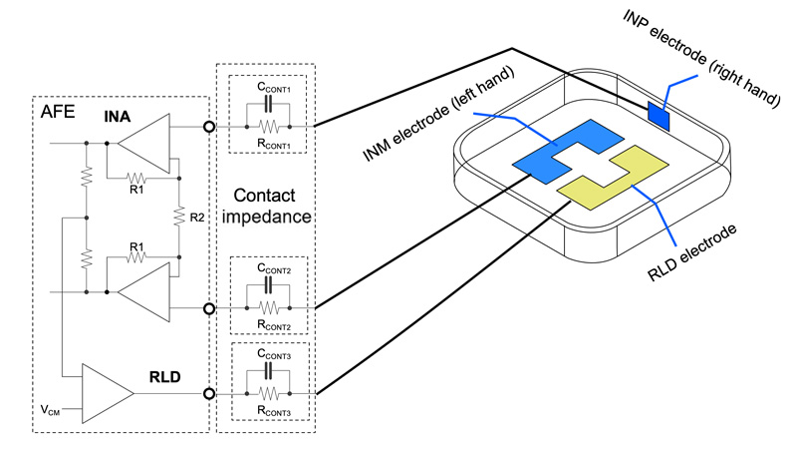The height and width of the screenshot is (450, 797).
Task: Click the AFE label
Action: click(x=56, y=112)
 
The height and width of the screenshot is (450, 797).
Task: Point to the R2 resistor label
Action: click(x=197, y=214)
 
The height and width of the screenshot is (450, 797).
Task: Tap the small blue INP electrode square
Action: click(x=660, y=114)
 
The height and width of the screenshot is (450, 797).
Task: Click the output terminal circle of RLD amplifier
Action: click(x=209, y=392)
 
